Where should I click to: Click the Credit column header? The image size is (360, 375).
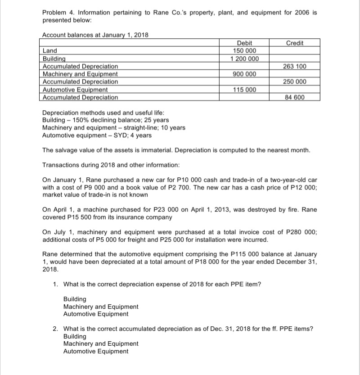tap(295, 43)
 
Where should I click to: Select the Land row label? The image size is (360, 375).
tap(49, 51)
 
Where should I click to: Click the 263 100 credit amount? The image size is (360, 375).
tap(295, 66)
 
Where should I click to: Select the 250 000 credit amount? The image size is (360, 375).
tap(295, 81)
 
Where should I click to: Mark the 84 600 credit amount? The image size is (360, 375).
tap(295, 97)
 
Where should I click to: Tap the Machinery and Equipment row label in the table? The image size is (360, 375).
tap(80, 74)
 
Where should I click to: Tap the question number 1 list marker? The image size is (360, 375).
tap(55, 284)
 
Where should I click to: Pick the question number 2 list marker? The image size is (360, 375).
tap(55, 329)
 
